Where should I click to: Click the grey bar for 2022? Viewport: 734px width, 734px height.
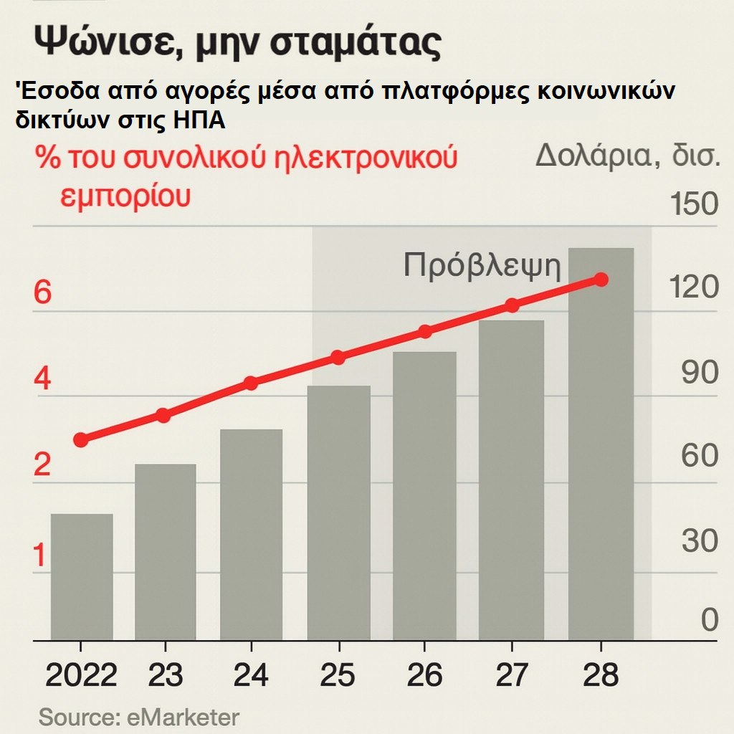click(81, 577)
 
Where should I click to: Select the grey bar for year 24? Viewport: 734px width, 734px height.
click(251, 534)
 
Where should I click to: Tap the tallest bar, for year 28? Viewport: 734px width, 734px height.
click(601, 444)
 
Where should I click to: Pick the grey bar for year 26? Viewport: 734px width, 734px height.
click(424, 496)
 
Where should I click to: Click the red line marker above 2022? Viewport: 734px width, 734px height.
click(81, 439)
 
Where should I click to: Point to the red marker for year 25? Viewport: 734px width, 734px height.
click(338, 358)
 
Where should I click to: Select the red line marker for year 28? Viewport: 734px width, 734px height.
click(601, 280)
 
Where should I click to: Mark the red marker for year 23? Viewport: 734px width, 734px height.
click(163, 415)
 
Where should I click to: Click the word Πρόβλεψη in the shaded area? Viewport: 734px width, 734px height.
click(482, 265)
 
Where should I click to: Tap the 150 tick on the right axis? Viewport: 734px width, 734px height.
click(693, 204)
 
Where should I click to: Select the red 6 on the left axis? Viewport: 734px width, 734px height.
click(43, 293)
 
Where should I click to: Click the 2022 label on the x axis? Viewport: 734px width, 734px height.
click(81, 675)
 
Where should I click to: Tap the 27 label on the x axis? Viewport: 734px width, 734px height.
click(511, 675)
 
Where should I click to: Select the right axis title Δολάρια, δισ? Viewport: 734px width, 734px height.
click(626, 155)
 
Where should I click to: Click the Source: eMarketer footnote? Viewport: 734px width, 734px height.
click(138, 717)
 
